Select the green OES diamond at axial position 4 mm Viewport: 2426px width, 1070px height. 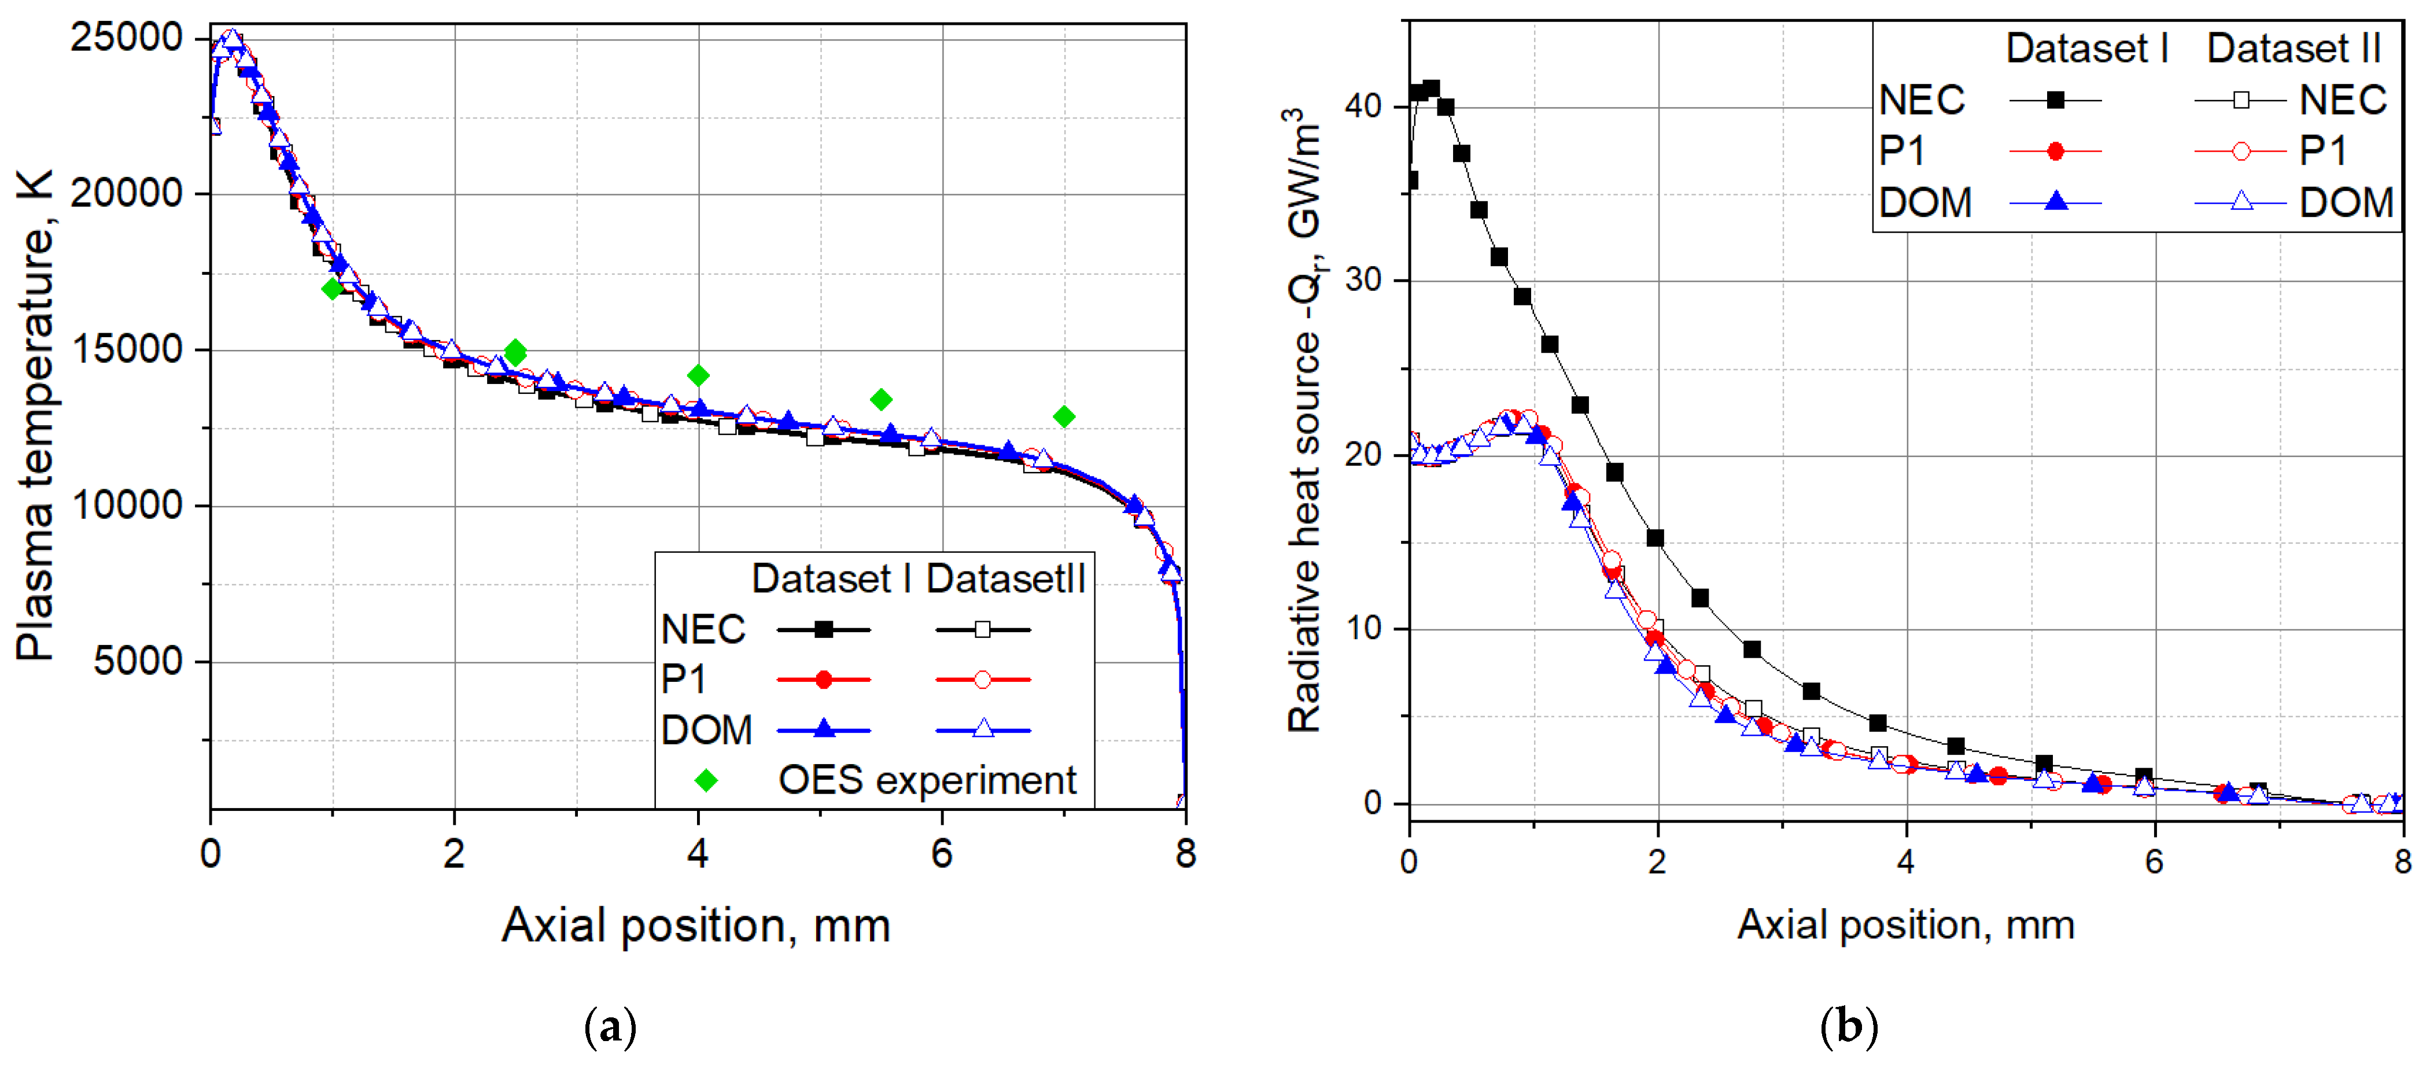pyautogui.click(x=698, y=376)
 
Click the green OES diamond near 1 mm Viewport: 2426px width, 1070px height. pyautogui.click(x=331, y=288)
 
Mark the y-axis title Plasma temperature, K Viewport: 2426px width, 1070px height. pyautogui.click(x=36, y=415)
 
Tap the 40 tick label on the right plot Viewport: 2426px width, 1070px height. pyautogui.click(x=1363, y=105)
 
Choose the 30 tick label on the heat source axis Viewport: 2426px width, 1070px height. pyautogui.click(x=1363, y=280)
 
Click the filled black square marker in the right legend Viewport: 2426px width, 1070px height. pyautogui.click(x=2056, y=100)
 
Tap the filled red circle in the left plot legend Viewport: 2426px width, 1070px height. pyautogui.click(x=824, y=679)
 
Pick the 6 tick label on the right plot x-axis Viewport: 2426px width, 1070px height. pyautogui.click(x=2155, y=861)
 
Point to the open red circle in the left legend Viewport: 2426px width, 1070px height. pyautogui.click(x=982, y=679)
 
